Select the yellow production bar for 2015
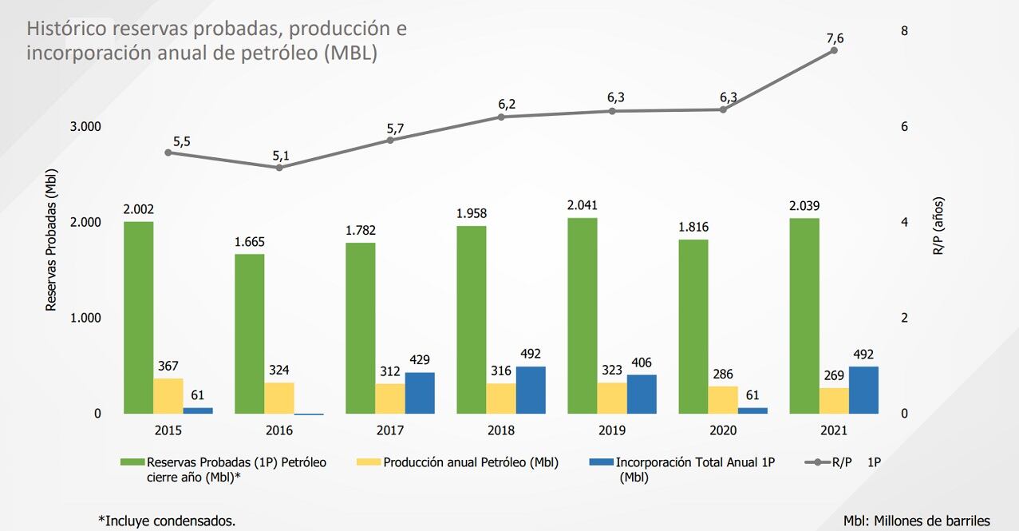tap(168, 396)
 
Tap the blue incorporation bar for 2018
tap(531, 390)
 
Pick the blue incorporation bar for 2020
tap(752, 410)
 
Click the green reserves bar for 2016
tap(249, 334)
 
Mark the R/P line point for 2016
tap(279, 167)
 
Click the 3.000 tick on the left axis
tap(85, 127)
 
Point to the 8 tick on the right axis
tap(904, 31)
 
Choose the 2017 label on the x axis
tap(389, 430)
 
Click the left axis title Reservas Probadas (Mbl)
tap(51, 240)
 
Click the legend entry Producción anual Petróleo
tap(470, 462)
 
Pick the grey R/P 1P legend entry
tap(846, 462)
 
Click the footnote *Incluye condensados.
tap(167, 521)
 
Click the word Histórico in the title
tap(67, 30)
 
